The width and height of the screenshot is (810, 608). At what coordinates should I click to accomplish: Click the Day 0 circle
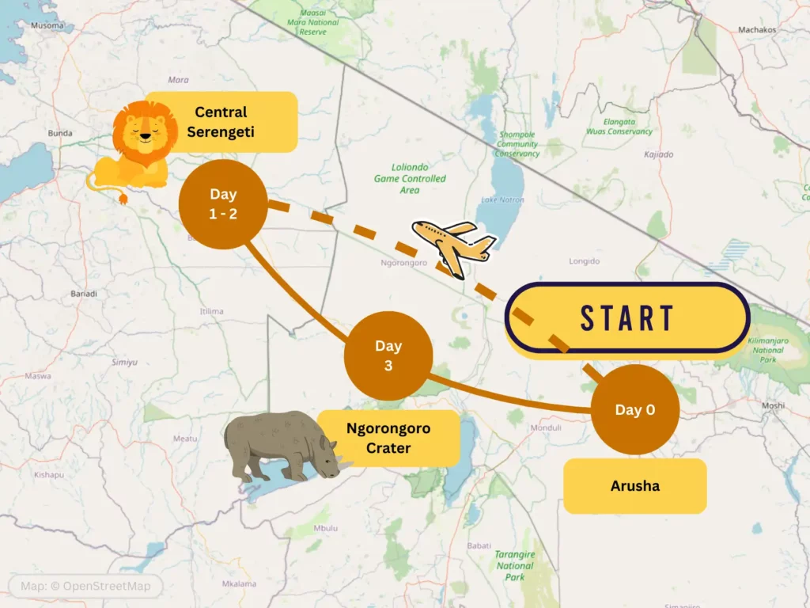[x=634, y=409]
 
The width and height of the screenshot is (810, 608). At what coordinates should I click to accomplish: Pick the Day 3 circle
[x=388, y=355]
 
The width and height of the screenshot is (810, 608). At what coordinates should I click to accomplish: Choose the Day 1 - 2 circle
[x=223, y=204]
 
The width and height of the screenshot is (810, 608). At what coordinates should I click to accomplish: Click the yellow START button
[x=626, y=317]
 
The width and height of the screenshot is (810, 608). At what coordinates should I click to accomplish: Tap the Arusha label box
[x=634, y=485]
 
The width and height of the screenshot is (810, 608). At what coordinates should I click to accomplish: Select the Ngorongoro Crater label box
[x=388, y=439]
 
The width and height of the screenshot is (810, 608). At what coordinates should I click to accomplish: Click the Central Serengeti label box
[x=221, y=122]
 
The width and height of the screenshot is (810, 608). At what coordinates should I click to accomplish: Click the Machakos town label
[x=756, y=30]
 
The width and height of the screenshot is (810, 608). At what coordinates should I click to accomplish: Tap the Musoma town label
[x=47, y=25]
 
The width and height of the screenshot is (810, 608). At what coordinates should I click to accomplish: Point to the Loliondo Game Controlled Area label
[x=410, y=179]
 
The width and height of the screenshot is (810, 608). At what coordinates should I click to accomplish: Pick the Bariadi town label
[x=83, y=294]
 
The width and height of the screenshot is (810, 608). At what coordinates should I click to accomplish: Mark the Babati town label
[x=478, y=545]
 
